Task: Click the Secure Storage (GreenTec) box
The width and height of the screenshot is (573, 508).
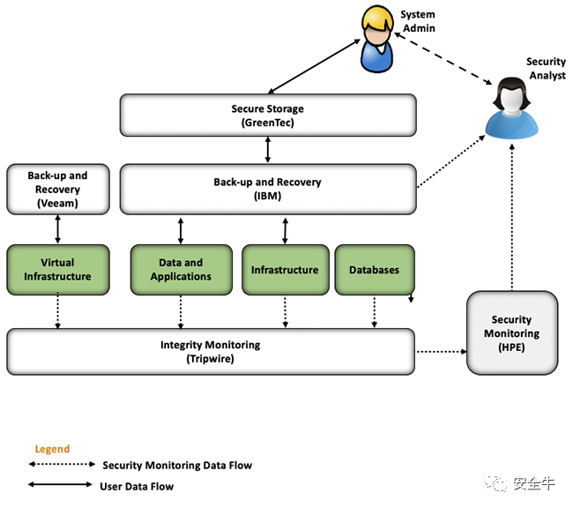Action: [x=268, y=116]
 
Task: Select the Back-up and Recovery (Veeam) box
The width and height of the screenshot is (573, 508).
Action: [x=57, y=189]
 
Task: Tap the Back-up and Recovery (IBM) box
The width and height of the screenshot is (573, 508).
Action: [x=268, y=189]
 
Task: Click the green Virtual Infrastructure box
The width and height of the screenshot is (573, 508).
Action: [x=57, y=270]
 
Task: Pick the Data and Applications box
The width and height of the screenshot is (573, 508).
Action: [x=182, y=270]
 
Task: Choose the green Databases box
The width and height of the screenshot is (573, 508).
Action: [x=375, y=270]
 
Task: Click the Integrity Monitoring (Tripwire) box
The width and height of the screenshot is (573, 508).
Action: [x=211, y=352]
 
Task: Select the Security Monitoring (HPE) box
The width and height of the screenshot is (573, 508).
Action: [x=512, y=332]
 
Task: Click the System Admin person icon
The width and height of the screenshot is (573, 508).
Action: [x=377, y=39]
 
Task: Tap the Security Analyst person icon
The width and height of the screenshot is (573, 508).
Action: [x=511, y=108]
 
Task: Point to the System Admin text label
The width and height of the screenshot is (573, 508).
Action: [x=418, y=21]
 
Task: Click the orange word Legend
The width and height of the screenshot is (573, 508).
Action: [x=52, y=449]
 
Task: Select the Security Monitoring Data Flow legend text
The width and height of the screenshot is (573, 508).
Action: [x=177, y=465]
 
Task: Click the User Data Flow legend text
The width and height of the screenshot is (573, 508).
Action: [x=137, y=487]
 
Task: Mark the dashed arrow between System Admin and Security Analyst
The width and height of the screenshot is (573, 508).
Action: [x=443, y=58]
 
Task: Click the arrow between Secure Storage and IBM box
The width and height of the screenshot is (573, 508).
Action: [x=268, y=150]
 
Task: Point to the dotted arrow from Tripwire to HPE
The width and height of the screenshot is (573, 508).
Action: [x=442, y=352]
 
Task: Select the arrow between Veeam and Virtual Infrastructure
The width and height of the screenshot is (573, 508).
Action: [x=57, y=229]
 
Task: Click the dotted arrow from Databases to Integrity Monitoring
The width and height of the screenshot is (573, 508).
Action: [x=374, y=311]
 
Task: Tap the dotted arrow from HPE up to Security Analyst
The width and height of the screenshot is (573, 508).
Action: [x=512, y=217]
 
